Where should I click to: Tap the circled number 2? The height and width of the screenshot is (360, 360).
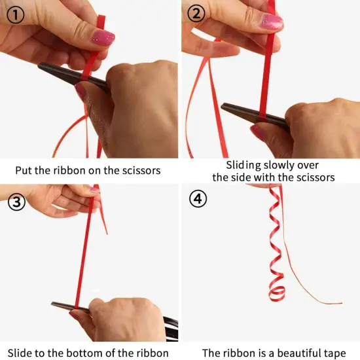(x=196, y=13)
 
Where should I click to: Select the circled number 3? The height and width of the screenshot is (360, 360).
(x=17, y=202)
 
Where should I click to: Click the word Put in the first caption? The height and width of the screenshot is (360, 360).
(x=24, y=171)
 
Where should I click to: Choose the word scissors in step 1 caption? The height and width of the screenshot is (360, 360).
(x=141, y=171)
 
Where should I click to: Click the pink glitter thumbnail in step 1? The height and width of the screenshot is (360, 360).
(x=103, y=37)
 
